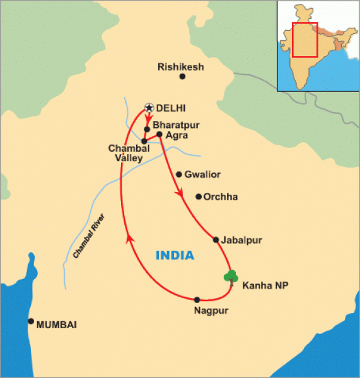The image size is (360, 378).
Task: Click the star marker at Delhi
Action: (149, 108)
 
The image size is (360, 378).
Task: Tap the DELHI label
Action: (172, 108)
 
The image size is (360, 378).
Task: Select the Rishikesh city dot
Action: (182, 77)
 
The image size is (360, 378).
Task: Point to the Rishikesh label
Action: (182, 66)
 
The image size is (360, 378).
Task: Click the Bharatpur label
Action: (174, 125)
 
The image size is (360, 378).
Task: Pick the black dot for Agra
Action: (160, 134)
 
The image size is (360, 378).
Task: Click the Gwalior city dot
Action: (179, 175)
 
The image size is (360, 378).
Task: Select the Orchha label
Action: (221, 197)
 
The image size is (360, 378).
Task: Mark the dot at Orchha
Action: (199, 197)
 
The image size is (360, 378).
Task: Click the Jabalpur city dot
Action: (216, 239)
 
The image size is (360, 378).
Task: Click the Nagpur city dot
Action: (197, 299)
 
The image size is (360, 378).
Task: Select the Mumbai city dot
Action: (30, 321)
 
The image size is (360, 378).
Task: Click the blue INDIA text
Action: (174, 255)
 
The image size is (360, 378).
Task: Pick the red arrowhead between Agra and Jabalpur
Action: (182, 195)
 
